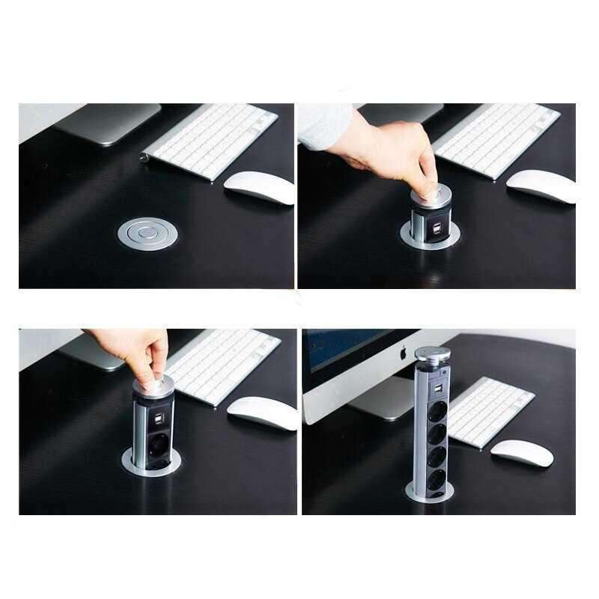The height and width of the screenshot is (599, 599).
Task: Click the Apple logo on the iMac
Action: click(401, 350)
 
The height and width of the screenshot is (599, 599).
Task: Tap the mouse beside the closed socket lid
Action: click(259, 187)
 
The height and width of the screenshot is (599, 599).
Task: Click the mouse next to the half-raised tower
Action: click(262, 413)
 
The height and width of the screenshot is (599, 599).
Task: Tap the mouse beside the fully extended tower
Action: click(521, 453)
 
